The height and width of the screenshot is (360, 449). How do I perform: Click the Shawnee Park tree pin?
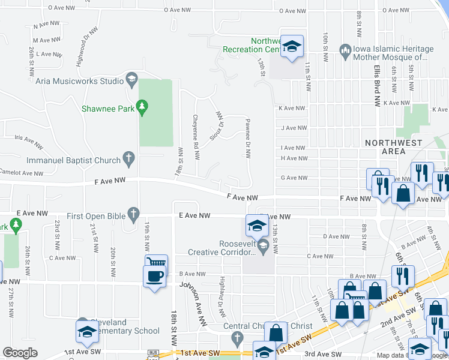click(x=142, y=107)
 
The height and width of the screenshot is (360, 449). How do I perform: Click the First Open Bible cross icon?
click(x=133, y=213)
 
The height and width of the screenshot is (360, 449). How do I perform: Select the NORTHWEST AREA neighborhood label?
click(x=394, y=147)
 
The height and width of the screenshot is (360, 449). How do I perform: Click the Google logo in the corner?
click(x=20, y=353)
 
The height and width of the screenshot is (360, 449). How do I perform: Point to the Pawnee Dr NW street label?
click(x=247, y=138)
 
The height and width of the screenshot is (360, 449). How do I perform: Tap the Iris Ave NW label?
click(x=26, y=137)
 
